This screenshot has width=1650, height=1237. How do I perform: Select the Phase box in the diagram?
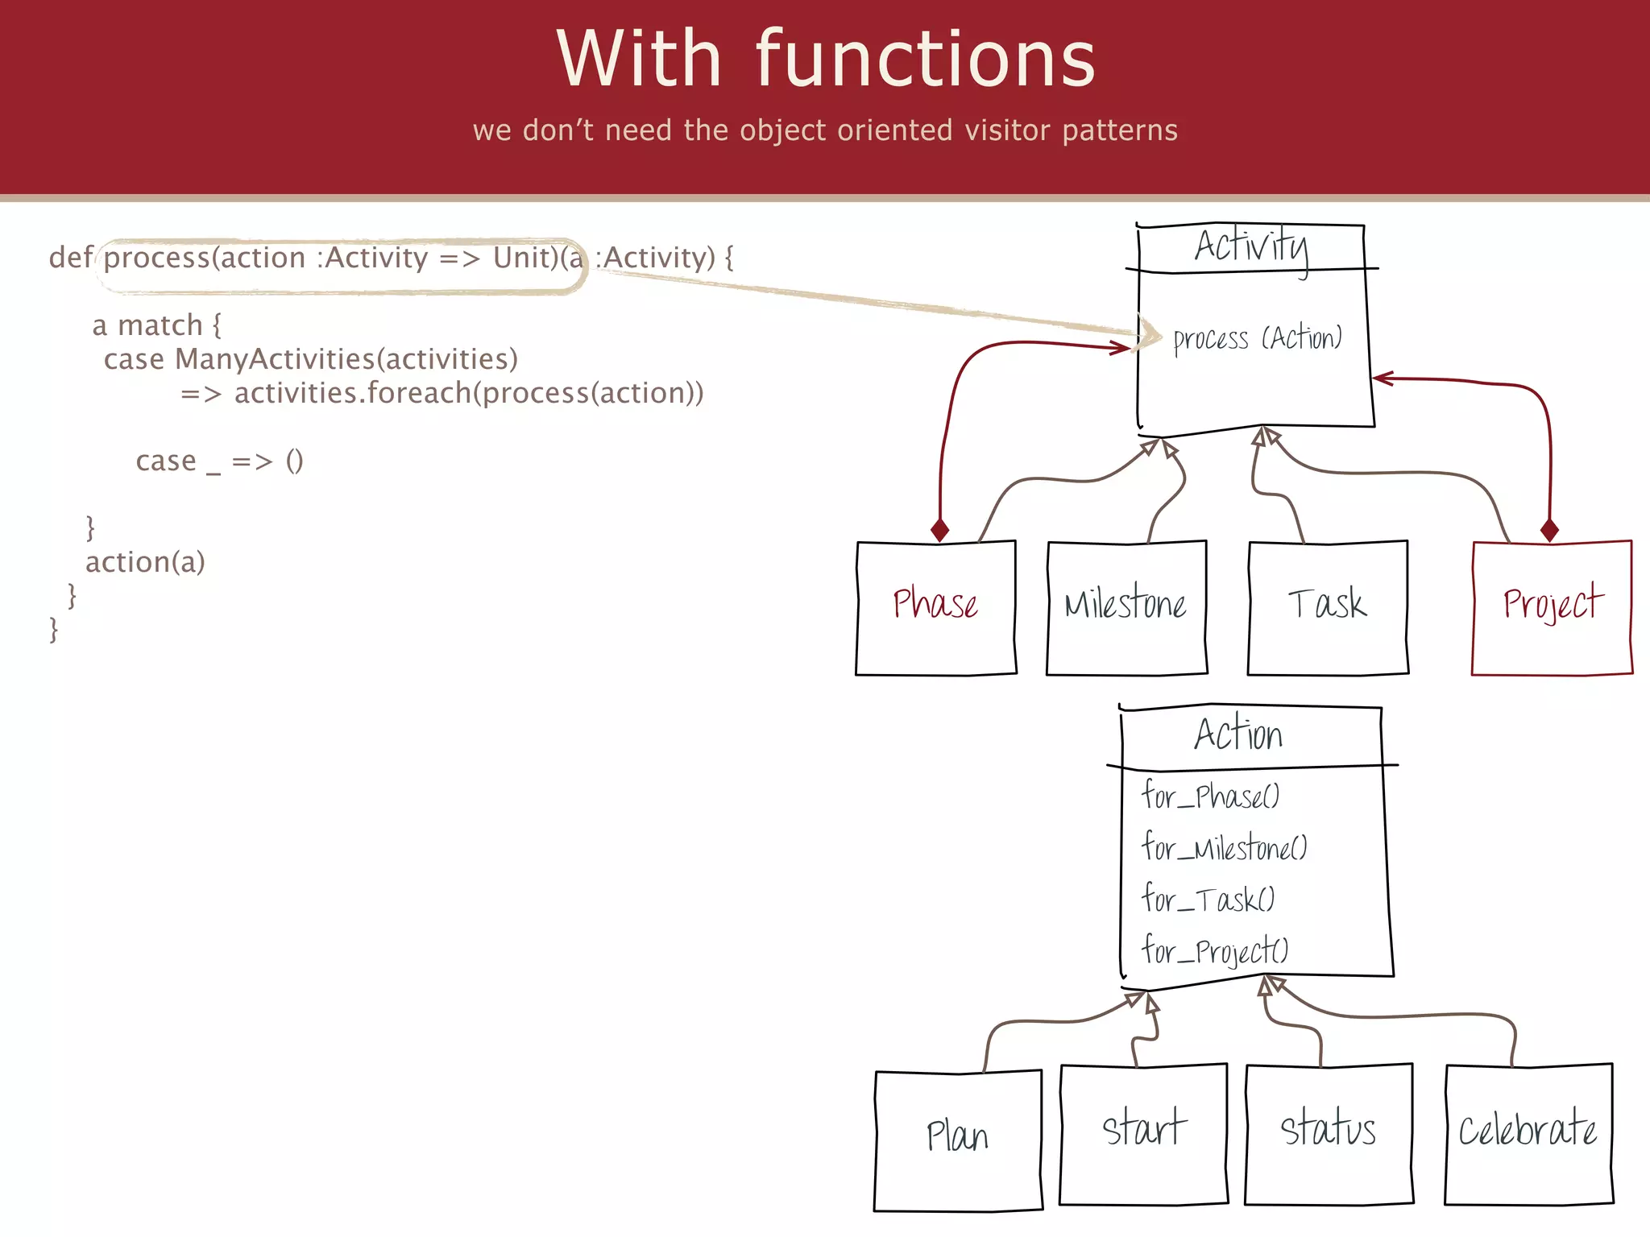935,608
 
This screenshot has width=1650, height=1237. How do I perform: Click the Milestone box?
1126,608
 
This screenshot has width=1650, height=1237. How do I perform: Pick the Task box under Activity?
1328,608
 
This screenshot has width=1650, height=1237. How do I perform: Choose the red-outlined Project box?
1552,608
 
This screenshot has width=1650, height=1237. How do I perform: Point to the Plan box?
958,1140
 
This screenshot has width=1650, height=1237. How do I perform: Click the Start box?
1143,1134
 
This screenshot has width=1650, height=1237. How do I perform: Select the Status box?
1329,1134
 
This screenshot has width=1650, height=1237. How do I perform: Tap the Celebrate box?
1528,1134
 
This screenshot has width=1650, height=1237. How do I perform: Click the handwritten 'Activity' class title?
1251,246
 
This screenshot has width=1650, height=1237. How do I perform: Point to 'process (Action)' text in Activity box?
1257,339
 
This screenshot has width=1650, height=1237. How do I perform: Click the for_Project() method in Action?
1215,951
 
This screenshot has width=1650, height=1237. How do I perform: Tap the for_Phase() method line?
1210,796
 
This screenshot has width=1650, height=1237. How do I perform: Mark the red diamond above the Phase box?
939,530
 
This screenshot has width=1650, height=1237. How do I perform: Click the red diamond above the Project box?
1549,530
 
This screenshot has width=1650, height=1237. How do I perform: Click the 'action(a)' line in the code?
145,562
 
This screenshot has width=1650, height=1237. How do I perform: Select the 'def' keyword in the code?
70,258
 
